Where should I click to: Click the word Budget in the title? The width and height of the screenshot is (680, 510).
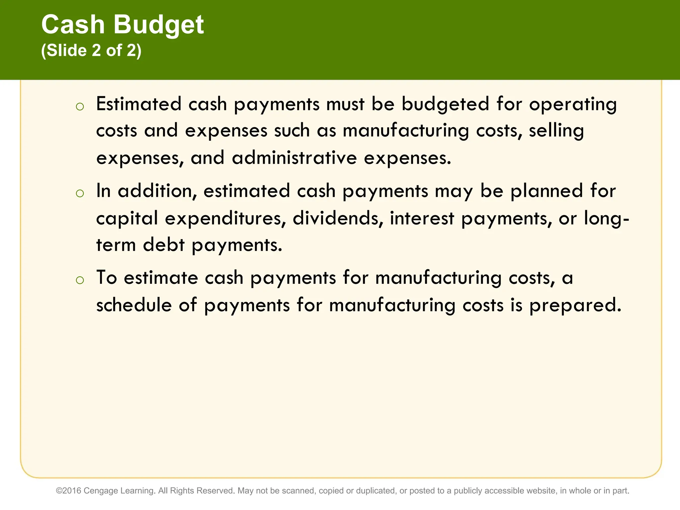(x=159, y=25)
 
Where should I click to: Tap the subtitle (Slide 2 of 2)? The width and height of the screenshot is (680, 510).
(x=91, y=51)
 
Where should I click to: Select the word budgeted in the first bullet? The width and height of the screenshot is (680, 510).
(x=445, y=104)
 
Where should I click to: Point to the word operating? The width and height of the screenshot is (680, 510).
(x=573, y=104)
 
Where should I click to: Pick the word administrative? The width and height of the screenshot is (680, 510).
(x=294, y=158)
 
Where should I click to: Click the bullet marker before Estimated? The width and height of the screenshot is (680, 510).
(x=80, y=107)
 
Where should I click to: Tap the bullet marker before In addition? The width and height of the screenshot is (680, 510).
(x=80, y=194)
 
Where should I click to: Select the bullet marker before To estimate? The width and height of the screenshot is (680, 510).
(x=80, y=280)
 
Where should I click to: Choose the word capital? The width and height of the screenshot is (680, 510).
(x=127, y=218)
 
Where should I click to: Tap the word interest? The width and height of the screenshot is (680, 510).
(x=422, y=218)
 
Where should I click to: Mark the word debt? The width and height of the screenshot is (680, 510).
(x=164, y=245)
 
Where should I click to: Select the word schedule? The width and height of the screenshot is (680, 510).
(x=134, y=305)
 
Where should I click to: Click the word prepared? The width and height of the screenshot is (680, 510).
(x=575, y=305)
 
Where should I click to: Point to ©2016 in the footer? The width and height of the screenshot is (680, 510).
(x=69, y=491)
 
